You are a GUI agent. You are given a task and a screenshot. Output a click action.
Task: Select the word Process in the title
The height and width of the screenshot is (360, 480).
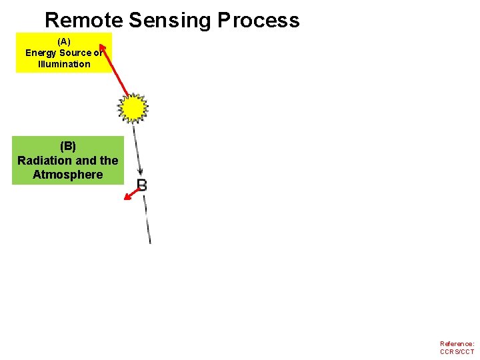pos(259,20)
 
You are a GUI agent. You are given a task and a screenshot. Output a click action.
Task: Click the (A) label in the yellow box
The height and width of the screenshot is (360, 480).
pos(64,41)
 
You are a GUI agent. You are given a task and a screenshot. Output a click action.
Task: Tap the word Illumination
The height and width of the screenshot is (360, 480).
pos(64,64)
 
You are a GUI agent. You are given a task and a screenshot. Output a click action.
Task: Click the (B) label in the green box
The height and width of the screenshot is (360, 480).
pos(68,146)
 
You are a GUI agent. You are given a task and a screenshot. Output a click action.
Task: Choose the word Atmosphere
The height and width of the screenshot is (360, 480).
pos(68,175)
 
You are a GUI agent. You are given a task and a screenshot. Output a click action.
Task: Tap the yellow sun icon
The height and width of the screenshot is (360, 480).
pos(133,107)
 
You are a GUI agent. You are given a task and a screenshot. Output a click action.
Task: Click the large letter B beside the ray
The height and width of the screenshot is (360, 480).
pos(142,185)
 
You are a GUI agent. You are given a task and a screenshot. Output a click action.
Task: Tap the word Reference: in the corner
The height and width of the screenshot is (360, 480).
pos(457,344)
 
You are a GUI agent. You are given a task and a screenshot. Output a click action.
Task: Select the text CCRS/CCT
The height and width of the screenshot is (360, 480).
pos(457,352)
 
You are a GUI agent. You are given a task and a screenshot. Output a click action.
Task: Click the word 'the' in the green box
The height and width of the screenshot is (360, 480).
pos(109,161)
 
